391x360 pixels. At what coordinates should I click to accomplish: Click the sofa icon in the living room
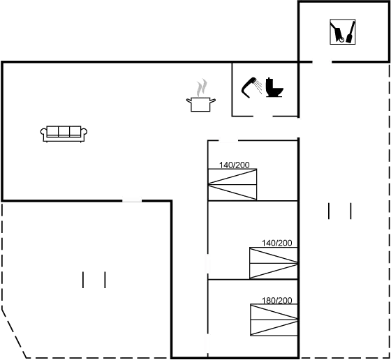[64, 134]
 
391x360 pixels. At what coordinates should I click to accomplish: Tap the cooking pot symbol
[201, 105]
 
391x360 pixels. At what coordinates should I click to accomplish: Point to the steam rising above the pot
[202, 87]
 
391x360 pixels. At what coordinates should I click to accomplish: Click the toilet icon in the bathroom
[274, 87]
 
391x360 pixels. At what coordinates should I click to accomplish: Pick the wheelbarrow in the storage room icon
[337, 32]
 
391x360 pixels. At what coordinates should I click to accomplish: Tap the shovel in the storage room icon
[351, 32]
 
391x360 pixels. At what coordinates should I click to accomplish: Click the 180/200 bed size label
[276, 301]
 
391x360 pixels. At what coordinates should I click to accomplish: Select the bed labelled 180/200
[274, 320]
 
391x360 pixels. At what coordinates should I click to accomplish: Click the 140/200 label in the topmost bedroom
[234, 165]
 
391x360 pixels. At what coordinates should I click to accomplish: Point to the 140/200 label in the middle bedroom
[276, 243]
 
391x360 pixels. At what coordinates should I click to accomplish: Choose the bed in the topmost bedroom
[233, 184]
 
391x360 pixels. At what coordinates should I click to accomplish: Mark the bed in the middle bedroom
[274, 263]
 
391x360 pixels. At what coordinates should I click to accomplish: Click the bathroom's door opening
[263, 117]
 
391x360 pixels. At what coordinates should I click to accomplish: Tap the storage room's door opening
[322, 62]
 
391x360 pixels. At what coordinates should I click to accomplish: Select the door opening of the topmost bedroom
[228, 141]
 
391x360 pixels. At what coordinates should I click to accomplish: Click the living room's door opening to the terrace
[132, 200]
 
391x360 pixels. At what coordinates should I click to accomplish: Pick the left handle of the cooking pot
[189, 100]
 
